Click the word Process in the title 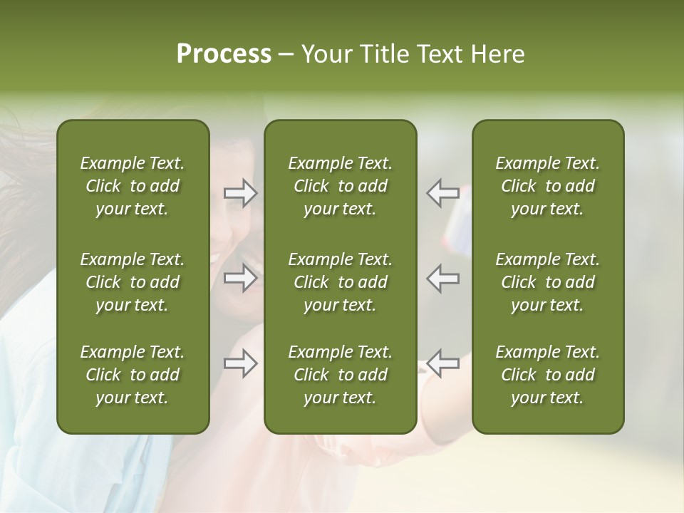pyautogui.click(x=224, y=54)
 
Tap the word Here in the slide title pyautogui.click(x=497, y=54)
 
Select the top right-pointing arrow pyautogui.click(x=241, y=193)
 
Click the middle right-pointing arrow pyautogui.click(x=241, y=278)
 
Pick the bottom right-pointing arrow pyautogui.click(x=241, y=363)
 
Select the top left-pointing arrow pyautogui.click(x=442, y=193)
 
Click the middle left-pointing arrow pyautogui.click(x=442, y=278)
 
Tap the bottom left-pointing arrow pyautogui.click(x=442, y=363)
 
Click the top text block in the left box pyautogui.click(x=133, y=186)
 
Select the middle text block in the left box pyautogui.click(x=133, y=282)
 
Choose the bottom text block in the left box pyautogui.click(x=133, y=375)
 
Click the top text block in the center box pyautogui.click(x=340, y=186)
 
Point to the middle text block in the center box pyautogui.click(x=340, y=282)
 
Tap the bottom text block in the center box pyautogui.click(x=340, y=375)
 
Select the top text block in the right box pyautogui.click(x=547, y=186)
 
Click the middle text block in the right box pyautogui.click(x=547, y=282)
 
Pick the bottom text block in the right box pyautogui.click(x=547, y=375)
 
